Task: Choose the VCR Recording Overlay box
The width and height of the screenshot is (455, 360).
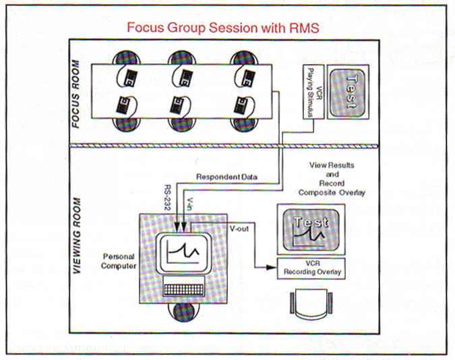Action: click(x=311, y=268)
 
